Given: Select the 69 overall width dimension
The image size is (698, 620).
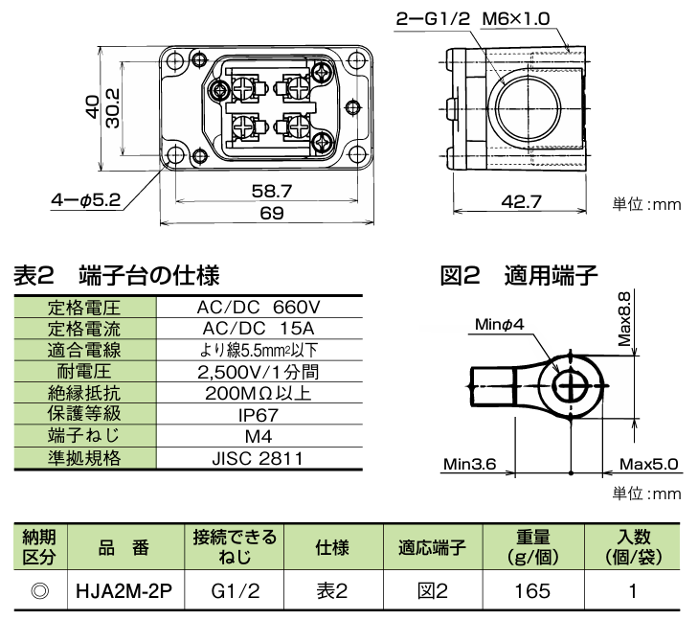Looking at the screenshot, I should click(x=272, y=214).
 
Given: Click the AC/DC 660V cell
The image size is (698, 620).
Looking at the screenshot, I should click(x=258, y=309).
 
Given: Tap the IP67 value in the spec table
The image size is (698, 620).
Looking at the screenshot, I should click(x=258, y=415).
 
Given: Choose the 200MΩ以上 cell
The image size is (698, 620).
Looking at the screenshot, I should click(x=258, y=393).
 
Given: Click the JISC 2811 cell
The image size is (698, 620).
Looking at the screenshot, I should click(x=258, y=458).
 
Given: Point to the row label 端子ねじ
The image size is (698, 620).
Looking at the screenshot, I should click(x=84, y=437).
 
